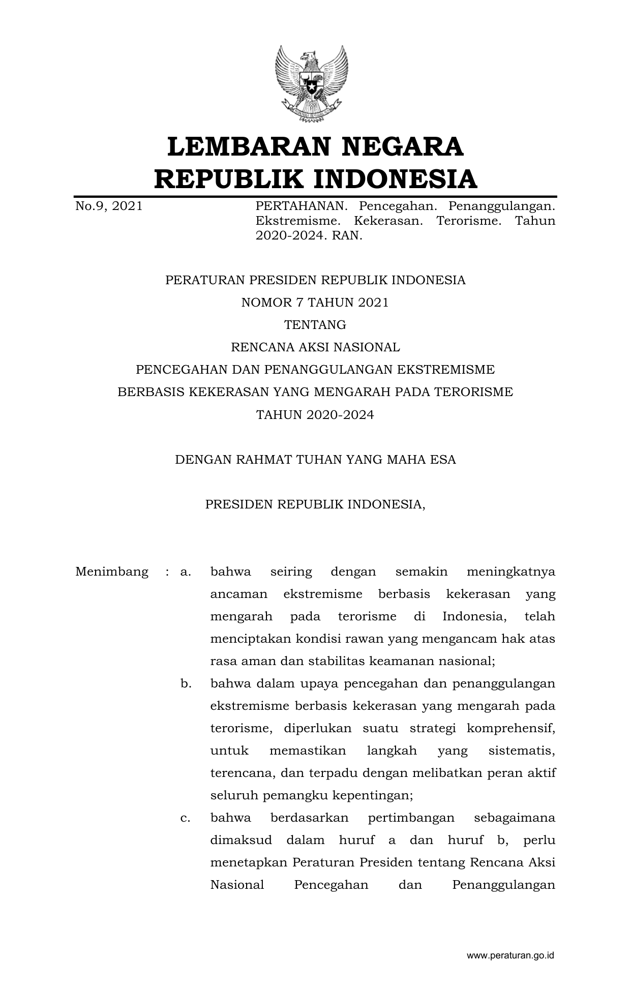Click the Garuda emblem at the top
[x=311, y=84]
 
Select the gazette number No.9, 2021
[x=108, y=206]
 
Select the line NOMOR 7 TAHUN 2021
[x=315, y=303]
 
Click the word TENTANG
[x=315, y=325]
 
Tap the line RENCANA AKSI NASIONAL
[x=315, y=347]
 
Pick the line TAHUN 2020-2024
[x=315, y=415]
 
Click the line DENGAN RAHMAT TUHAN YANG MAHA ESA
[x=315, y=460]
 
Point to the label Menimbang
[x=112, y=572]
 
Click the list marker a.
[x=186, y=572]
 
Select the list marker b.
[x=186, y=684]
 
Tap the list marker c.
[x=186, y=818]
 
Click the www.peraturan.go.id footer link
[x=510, y=956]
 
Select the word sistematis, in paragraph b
[x=521, y=751]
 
